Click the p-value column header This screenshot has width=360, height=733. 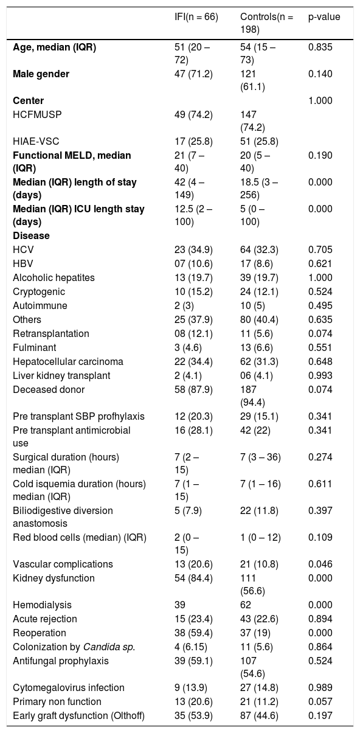click(x=324, y=17)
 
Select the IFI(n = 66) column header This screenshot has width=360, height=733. click(x=196, y=17)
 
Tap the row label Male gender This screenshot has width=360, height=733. click(x=41, y=74)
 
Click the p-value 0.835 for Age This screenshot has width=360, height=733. click(x=320, y=47)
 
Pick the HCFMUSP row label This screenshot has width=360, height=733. click(x=37, y=114)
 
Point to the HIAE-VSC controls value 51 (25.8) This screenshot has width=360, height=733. click(x=259, y=141)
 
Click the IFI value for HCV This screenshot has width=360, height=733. click(x=193, y=249)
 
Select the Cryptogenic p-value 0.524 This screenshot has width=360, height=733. click(x=320, y=291)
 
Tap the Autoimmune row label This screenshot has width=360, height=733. click(x=40, y=305)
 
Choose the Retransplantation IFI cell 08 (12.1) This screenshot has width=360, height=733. click(x=193, y=334)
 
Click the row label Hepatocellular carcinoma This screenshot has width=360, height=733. click(x=68, y=361)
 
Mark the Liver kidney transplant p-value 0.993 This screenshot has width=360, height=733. click(x=320, y=376)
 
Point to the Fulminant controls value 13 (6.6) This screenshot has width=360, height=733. click(x=257, y=347)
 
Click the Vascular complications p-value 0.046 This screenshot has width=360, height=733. click(x=320, y=564)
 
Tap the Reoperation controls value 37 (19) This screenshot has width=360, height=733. click(x=255, y=633)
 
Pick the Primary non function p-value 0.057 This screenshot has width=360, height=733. click(x=320, y=701)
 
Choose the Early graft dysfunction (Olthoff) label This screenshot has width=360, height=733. click(x=78, y=715)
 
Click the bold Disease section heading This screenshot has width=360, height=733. click(x=32, y=235)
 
